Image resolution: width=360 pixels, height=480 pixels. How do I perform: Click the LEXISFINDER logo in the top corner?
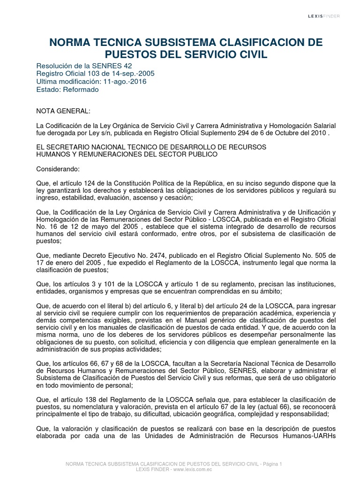click(x=323, y=16)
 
